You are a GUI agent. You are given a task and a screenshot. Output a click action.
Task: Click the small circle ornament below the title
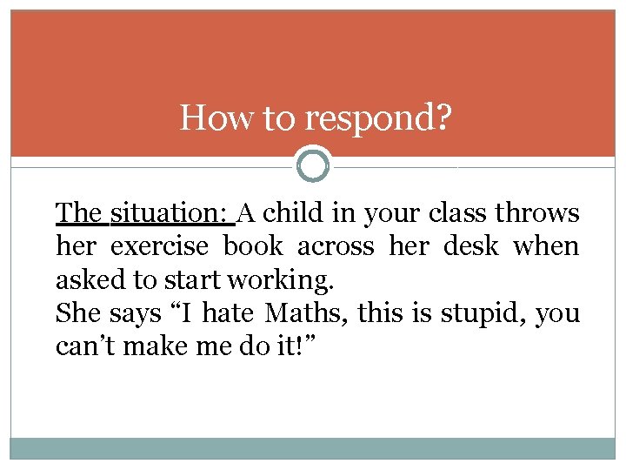click(x=313, y=164)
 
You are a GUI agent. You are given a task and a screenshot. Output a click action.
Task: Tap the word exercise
click(x=160, y=247)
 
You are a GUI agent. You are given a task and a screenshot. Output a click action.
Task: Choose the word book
click(x=253, y=246)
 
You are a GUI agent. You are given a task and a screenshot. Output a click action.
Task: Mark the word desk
click(x=471, y=246)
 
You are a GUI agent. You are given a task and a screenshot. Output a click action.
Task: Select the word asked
click(x=82, y=280)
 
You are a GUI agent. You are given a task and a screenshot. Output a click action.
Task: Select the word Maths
click(x=298, y=312)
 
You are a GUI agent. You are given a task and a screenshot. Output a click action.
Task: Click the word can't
click(x=82, y=346)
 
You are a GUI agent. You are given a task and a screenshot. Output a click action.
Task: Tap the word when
click(x=545, y=246)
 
